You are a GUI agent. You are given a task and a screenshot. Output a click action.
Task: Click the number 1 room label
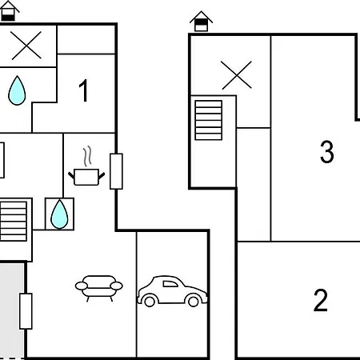point(84,90)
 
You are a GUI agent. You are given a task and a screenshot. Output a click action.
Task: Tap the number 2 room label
point(321,300)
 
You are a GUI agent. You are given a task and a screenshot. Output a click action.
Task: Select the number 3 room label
point(327,151)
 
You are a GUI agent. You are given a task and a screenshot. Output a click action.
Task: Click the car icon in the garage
point(172,291)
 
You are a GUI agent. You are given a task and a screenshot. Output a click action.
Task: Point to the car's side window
point(170,284)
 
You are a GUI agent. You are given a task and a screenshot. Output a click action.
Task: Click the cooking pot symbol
point(86,177)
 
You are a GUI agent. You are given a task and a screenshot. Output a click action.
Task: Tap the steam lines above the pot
point(87,156)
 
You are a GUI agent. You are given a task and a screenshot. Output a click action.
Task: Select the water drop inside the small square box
point(59,214)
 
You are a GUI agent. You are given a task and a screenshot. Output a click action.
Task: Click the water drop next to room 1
point(17,90)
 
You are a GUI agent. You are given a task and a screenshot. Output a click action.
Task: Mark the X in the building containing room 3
point(237,75)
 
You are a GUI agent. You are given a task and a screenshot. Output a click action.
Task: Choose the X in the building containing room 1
point(26,46)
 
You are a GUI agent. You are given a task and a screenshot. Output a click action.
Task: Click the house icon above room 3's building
point(202,22)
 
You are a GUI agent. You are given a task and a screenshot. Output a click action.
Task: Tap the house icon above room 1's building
point(9,11)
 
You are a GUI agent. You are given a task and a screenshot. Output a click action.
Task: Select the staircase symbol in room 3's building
point(209,120)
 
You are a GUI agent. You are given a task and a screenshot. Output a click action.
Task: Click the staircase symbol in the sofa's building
point(14,222)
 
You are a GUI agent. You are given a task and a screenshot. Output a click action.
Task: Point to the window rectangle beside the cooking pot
point(116,171)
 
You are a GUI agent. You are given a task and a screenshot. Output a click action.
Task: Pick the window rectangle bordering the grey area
point(26,311)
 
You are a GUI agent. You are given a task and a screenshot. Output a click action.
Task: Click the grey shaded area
point(12,310)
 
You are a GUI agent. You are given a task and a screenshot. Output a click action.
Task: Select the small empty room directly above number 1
point(86,40)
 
